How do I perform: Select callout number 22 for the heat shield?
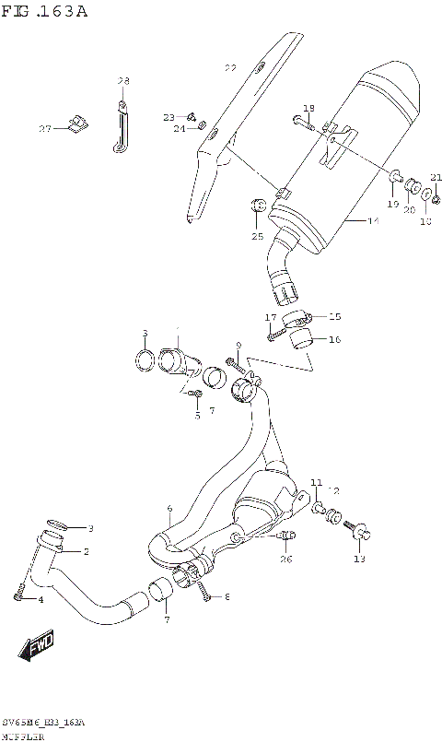point(230,68)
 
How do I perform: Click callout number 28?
point(123,82)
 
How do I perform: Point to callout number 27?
point(43,128)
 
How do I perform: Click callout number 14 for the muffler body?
point(373,221)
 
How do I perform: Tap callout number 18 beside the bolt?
point(308,107)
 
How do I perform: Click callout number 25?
point(257,237)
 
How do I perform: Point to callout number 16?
point(334,339)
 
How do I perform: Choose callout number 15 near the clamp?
point(334,315)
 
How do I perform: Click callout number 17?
point(271,318)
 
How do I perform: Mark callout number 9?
point(238,347)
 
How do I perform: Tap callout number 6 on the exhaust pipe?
point(169,509)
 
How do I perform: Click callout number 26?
point(285,559)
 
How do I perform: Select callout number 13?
point(359,559)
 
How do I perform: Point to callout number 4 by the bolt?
point(41,600)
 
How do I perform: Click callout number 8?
point(227,597)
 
